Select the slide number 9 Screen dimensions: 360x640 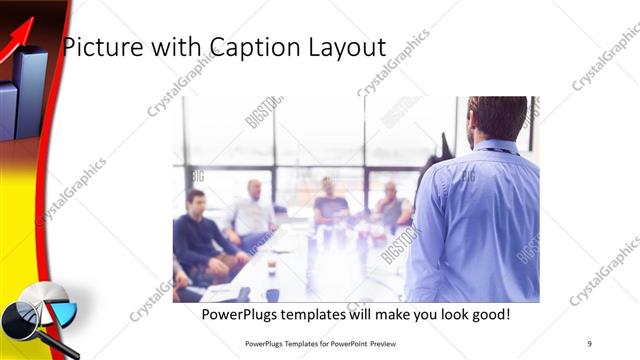(x=589, y=343)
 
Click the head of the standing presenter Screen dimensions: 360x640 (x=497, y=117)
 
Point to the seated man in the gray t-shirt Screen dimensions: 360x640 (x=330, y=204)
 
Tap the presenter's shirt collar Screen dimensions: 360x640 (x=497, y=147)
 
